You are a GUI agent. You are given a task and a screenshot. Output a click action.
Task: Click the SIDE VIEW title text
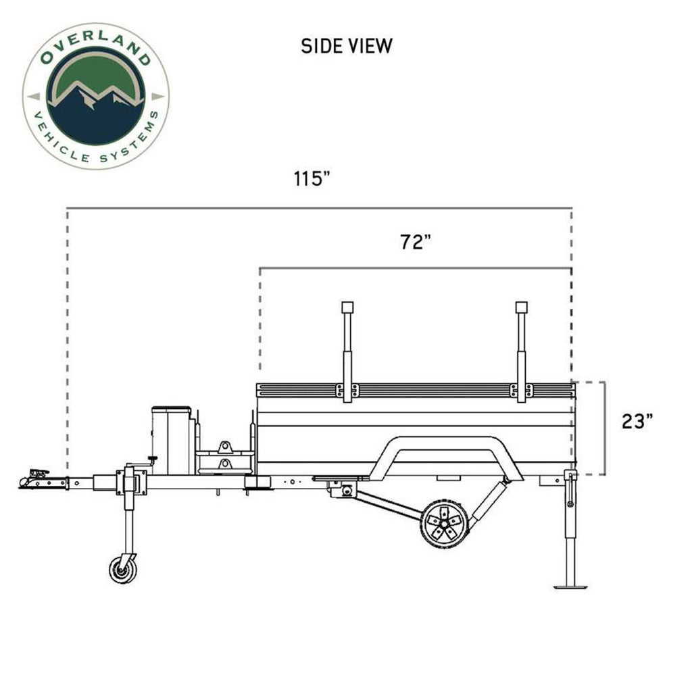(x=346, y=46)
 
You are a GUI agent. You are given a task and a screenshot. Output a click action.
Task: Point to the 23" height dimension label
(x=637, y=421)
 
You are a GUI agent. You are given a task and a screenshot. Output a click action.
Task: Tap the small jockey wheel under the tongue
(x=123, y=569)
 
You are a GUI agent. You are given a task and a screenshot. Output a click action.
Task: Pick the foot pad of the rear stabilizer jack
(x=570, y=585)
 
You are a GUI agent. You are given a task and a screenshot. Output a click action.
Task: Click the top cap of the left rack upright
(x=348, y=307)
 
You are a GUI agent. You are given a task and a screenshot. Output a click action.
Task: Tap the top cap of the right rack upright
(x=521, y=307)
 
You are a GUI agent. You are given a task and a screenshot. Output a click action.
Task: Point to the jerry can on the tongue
(x=172, y=439)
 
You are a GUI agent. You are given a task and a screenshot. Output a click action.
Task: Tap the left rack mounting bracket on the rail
(x=347, y=391)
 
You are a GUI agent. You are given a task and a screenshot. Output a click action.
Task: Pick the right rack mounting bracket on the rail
(x=521, y=391)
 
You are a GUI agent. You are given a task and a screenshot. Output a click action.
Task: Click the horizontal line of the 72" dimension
(x=415, y=268)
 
